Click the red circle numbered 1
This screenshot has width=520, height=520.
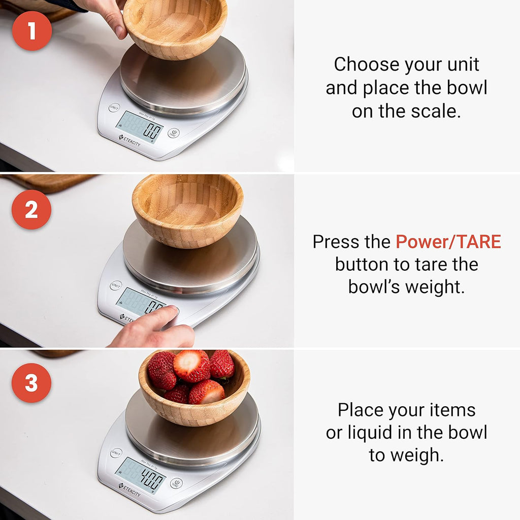(32, 31)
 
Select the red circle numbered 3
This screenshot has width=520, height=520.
(32, 383)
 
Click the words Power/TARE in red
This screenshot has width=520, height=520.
(448, 242)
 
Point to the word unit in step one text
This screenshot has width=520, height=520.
(460, 64)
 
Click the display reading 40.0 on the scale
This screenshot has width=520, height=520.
(141, 475)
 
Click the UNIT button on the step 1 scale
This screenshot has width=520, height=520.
(114, 108)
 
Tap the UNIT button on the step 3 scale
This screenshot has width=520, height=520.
(116, 452)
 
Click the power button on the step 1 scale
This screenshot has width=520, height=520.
(174, 134)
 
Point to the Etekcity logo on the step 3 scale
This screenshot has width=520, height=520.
(130, 489)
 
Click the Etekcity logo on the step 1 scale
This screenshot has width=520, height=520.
(130, 141)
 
